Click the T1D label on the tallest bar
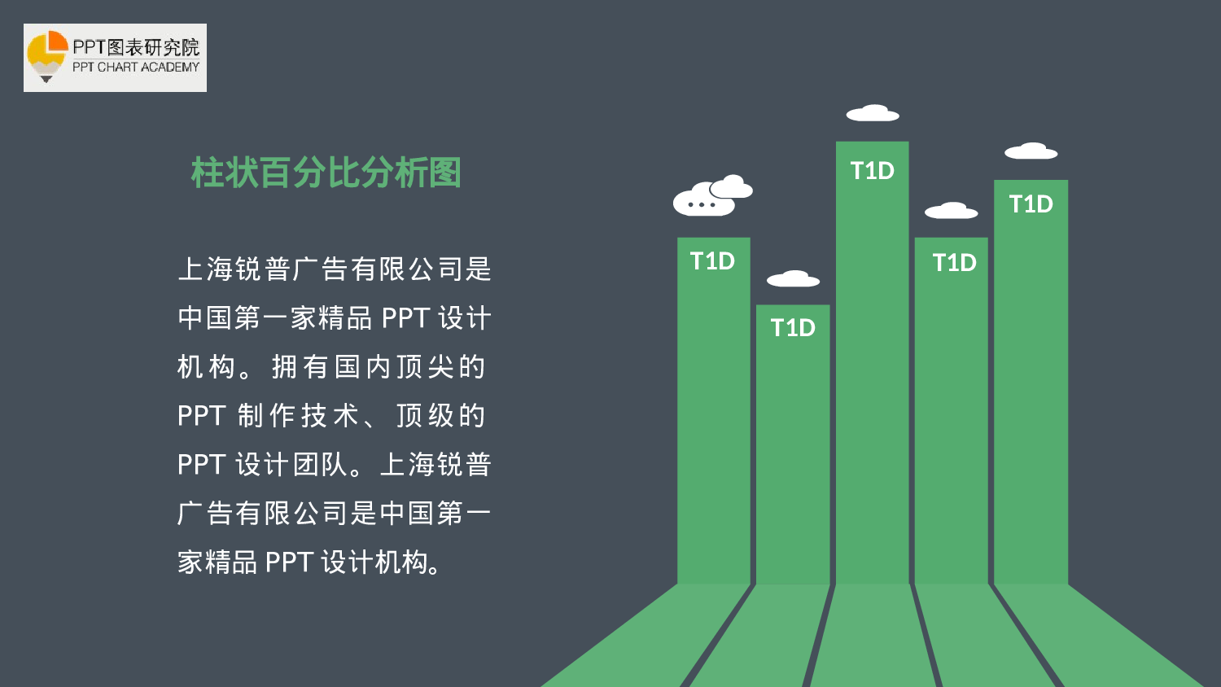(x=872, y=171)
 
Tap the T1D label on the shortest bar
(x=793, y=328)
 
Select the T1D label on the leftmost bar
(x=712, y=261)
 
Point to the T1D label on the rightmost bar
(x=1031, y=204)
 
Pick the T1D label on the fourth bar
(x=954, y=263)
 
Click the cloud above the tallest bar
(x=873, y=113)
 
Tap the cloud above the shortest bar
(x=793, y=279)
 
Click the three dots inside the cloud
(x=702, y=204)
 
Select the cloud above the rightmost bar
(x=1031, y=151)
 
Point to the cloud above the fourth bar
(x=951, y=212)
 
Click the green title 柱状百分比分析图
(x=326, y=173)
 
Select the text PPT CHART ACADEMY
(x=136, y=68)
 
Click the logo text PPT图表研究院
(x=136, y=47)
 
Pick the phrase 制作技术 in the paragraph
(x=299, y=416)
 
